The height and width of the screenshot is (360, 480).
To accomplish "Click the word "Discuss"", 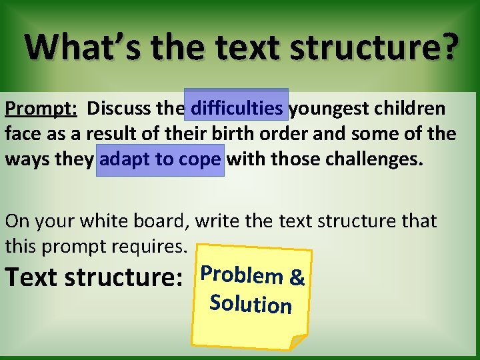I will tap(116, 107).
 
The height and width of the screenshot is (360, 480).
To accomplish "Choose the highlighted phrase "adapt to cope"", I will tap(160, 161).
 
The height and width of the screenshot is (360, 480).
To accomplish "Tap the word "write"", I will tap(221, 221).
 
